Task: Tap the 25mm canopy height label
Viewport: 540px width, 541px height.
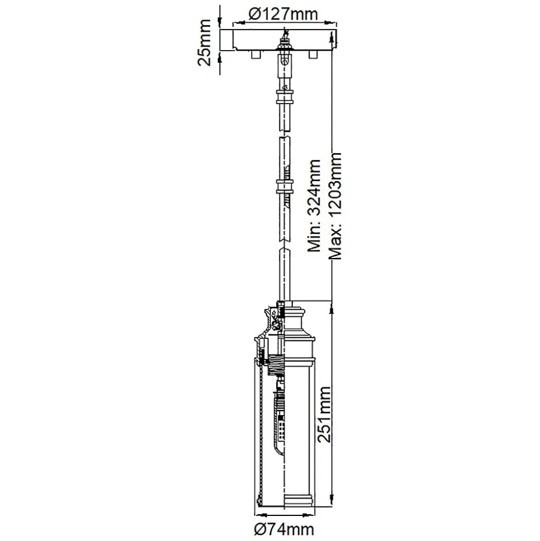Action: click(205, 42)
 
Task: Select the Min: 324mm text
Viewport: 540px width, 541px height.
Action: click(315, 206)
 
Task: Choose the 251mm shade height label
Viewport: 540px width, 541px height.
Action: click(324, 408)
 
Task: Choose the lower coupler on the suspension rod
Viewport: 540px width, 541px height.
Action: click(284, 185)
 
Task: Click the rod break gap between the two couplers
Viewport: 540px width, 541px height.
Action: click(284, 137)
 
